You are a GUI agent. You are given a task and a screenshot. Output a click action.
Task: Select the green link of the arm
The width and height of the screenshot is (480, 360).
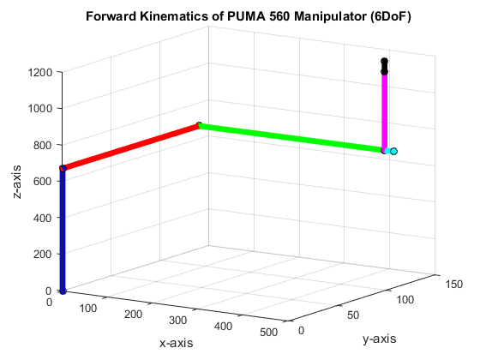click(291, 138)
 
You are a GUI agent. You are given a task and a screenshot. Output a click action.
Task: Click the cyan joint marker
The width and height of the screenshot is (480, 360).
click(393, 152)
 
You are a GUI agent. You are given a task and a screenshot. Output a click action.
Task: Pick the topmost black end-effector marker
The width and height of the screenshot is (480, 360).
click(385, 62)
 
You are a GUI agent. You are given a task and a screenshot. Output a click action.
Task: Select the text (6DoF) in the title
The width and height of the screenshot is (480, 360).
click(383, 18)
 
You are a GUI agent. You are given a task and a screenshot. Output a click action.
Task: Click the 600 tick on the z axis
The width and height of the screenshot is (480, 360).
click(45, 182)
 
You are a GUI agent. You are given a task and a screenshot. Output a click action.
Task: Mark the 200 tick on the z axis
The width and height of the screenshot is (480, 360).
click(45, 255)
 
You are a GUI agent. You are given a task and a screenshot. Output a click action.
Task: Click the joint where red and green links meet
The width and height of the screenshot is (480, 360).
click(199, 125)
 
